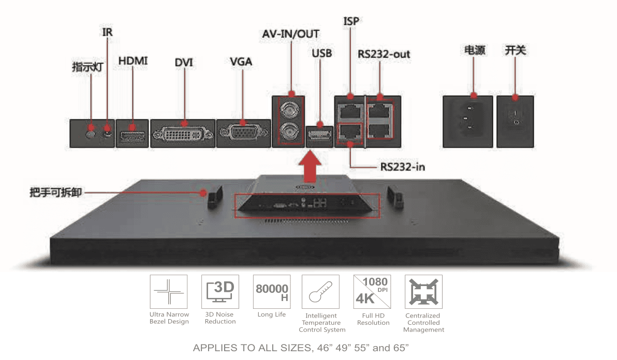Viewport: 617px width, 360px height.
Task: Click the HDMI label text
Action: (x=133, y=61)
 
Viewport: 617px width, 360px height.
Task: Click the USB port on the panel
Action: (x=319, y=136)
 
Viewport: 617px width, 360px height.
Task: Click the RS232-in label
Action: (x=403, y=167)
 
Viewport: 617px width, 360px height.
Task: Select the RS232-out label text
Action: (x=384, y=54)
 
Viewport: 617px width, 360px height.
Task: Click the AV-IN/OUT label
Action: (x=290, y=34)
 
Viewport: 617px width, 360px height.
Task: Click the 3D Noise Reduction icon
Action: (x=220, y=292)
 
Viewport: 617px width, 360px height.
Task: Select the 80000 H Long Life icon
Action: (x=272, y=292)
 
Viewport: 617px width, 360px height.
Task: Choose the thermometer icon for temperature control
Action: (x=320, y=292)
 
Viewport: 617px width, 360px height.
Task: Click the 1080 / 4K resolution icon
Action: (x=372, y=292)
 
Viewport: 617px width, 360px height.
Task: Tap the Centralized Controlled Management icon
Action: (x=423, y=292)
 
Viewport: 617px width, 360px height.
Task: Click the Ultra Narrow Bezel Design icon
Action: (x=169, y=292)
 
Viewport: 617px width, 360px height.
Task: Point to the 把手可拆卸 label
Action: (x=56, y=193)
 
